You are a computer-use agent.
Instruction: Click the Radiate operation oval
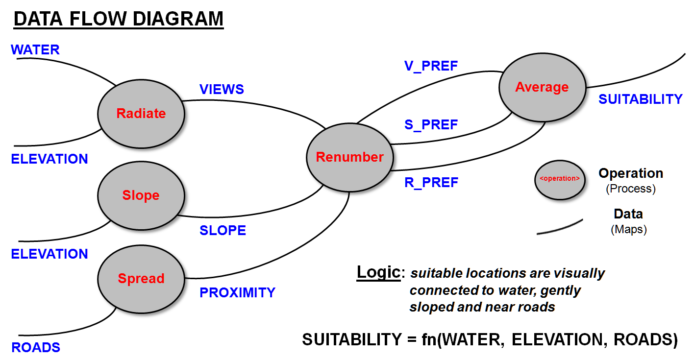point(141,114)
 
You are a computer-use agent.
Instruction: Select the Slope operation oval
point(141,195)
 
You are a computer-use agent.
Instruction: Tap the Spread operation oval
point(141,279)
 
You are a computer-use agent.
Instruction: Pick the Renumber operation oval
point(349,157)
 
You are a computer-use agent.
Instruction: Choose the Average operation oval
point(542,87)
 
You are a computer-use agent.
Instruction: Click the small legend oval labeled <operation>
point(559,179)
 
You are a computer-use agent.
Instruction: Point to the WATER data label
point(35,49)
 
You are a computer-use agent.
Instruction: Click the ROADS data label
point(36,348)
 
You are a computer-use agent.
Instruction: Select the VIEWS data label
point(222,89)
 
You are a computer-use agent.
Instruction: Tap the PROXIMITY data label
point(237,292)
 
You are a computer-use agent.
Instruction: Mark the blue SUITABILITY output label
point(641,99)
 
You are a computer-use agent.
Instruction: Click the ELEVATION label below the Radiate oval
point(50,159)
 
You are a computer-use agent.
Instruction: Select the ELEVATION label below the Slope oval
point(50,254)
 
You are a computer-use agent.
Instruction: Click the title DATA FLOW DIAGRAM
point(118,19)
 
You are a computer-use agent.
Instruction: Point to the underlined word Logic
point(378,272)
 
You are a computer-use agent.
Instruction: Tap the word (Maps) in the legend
point(629,229)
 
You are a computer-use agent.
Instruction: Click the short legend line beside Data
point(560,227)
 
